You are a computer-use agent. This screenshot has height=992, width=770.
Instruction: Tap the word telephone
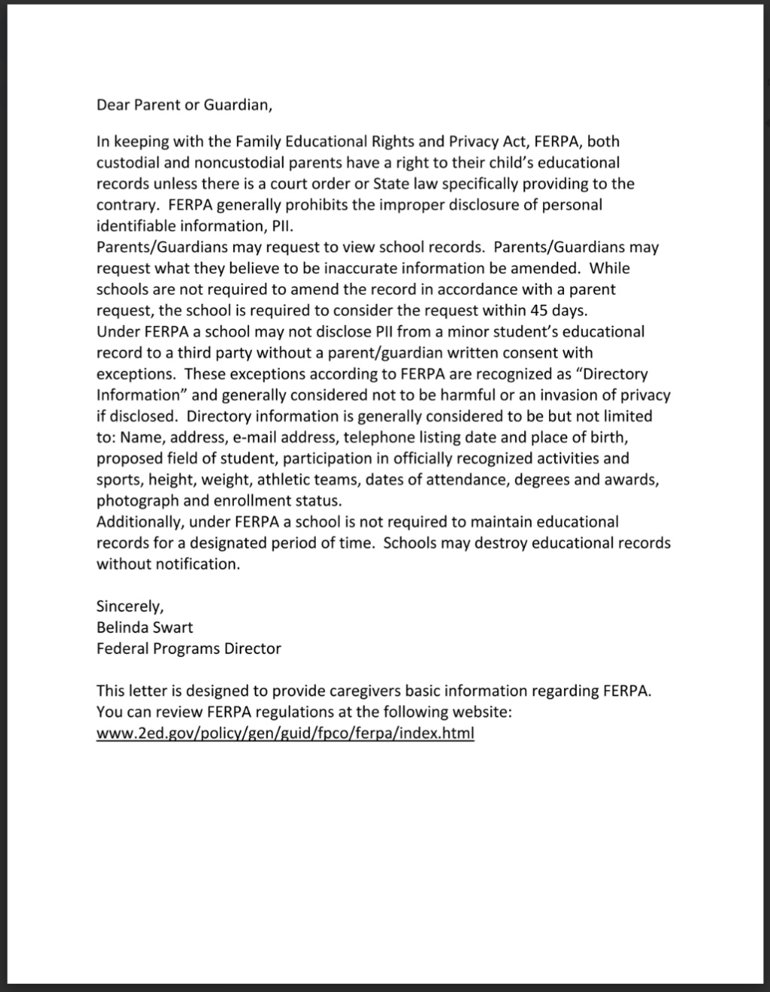tap(376, 437)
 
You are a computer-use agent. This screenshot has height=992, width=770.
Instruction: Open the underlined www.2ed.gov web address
tap(285, 732)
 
